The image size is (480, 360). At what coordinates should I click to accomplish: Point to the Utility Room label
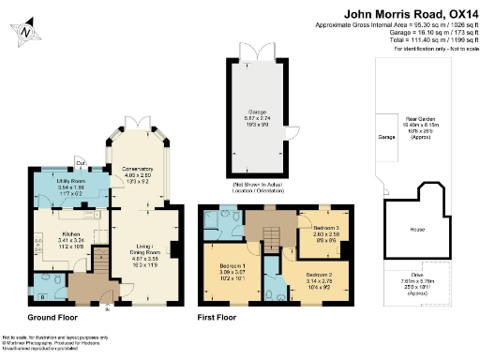point(70,183)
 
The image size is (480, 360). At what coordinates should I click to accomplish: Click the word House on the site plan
point(417,229)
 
